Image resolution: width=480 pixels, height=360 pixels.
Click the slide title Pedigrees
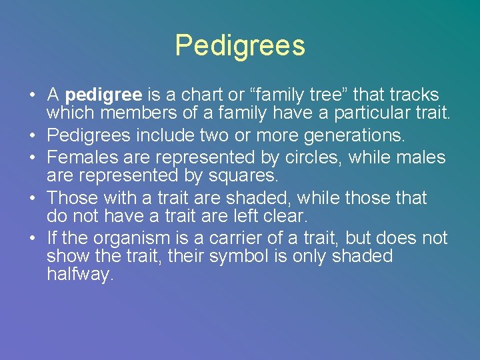point(240,45)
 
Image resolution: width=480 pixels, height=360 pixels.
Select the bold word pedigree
point(103,95)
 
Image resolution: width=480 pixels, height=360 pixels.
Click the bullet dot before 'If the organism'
point(33,239)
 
